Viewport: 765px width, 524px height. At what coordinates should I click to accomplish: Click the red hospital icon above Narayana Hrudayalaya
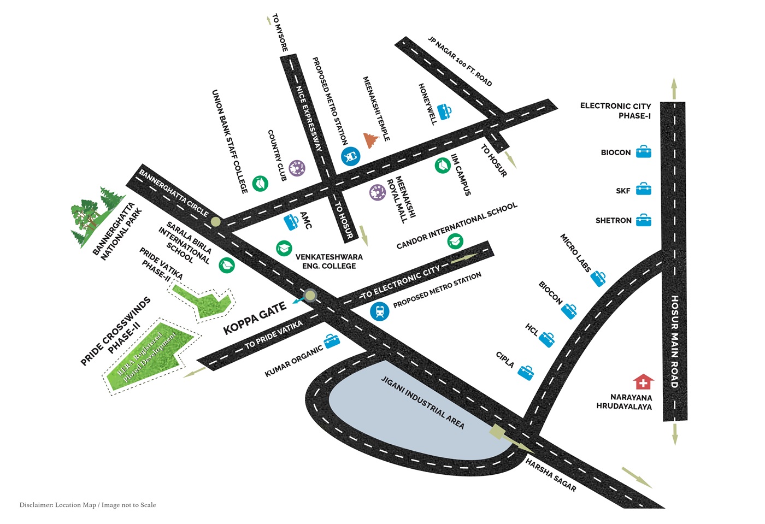[x=644, y=381]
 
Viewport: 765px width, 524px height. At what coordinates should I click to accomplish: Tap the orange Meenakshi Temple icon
[x=371, y=140]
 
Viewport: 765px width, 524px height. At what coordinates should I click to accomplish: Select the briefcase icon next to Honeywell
[x=444, y=111]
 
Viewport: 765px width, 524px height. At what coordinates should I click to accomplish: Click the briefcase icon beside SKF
[x=644, y=189]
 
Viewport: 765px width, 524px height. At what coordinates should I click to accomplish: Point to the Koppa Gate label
[x=255, y=318]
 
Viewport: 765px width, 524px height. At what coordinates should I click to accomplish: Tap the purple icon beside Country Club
[x=297, y=168]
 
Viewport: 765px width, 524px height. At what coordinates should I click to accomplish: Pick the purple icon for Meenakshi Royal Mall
[x=378, y=192]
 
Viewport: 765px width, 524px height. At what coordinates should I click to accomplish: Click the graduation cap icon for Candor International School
[x=455, y=241]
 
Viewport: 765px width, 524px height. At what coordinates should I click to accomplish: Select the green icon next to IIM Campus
[x=443, y=166]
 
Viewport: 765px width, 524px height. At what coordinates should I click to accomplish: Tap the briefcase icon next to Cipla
[x=526, y=373]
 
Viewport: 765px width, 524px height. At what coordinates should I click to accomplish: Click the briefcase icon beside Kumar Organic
[x=332, y=341]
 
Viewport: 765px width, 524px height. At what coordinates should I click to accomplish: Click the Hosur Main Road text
[x=674, y=342]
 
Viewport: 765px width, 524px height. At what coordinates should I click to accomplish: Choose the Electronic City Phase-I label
[x=615, y=111]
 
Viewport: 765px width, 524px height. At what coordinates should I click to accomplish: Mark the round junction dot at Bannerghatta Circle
[x=215, y=222]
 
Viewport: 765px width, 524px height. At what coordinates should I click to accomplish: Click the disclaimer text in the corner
[x=87, y=505]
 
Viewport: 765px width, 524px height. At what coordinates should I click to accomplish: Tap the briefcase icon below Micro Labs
[x=598, y=279]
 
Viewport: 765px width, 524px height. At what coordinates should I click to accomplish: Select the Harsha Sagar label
[x=551, y=475]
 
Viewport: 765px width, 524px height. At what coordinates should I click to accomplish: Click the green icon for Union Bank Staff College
[x=260, y=184]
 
